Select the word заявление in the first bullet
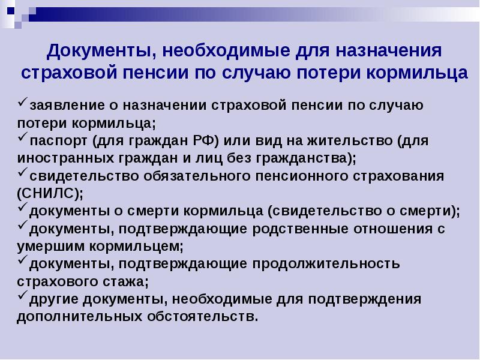(67, 106)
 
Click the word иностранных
(66, 158)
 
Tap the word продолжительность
(326, 264)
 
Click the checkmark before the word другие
(23, 295)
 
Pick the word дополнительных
(80, 317)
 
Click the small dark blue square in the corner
(11, 11)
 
